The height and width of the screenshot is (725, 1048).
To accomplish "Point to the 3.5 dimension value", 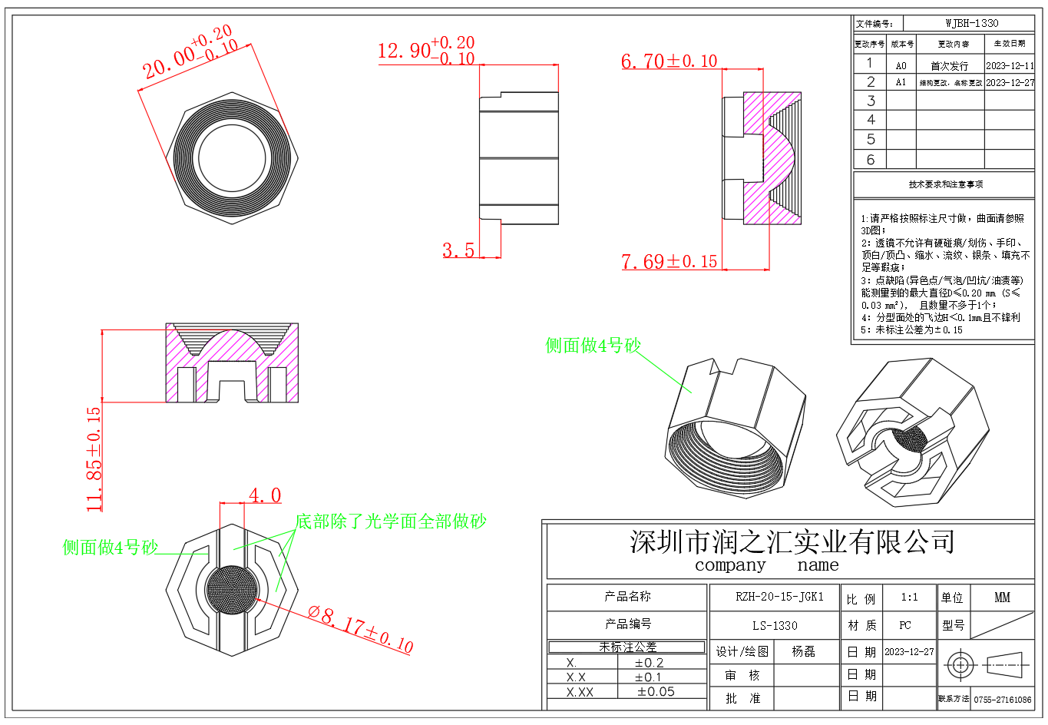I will tap(458, 250).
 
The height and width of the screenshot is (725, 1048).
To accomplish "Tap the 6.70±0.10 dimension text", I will tap(669, 61).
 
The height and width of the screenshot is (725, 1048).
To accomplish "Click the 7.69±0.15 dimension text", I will tap(669, 262).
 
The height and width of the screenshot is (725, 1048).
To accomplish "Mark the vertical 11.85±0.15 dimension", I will tap(94, 459).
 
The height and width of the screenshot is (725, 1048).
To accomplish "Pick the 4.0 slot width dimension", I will tap(265, 495).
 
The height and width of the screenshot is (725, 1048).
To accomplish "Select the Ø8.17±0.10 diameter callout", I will tap(360, 629).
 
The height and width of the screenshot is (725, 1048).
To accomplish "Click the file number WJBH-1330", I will tap(971, 23).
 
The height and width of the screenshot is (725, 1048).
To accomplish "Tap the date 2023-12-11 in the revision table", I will tap(1010, 65).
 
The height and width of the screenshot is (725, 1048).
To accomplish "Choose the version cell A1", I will tap(901, 82).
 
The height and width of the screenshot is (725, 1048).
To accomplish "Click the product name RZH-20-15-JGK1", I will tap(779, 597).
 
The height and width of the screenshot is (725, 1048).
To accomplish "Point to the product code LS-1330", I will tap(775, 625).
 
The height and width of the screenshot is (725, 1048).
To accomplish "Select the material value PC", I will tap(905, 625).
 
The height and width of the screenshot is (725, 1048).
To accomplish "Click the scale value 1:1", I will tap(909, 597).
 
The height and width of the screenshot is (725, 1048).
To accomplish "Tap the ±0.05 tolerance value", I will tap(656, 691).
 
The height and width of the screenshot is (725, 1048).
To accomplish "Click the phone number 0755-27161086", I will tap(1003, 700).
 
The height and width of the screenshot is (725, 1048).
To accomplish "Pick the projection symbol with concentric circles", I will tap(960, 664).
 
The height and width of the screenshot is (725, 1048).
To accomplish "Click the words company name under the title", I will tap(766, 565).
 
